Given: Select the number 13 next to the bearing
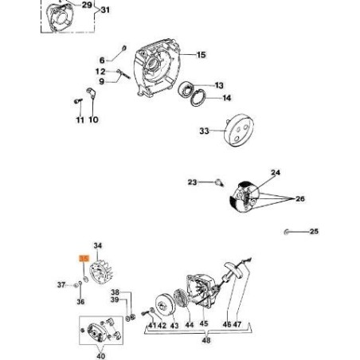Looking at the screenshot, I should [219, 85].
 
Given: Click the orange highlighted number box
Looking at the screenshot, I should [83, 259].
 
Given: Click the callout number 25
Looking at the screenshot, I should [313, 232].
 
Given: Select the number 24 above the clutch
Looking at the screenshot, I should [276, 173].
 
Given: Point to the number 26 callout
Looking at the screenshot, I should [300, 198].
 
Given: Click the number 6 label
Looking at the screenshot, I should [102, 60].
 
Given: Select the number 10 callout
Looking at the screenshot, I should [93, 119].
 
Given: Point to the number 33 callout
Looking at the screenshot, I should [204, 131].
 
